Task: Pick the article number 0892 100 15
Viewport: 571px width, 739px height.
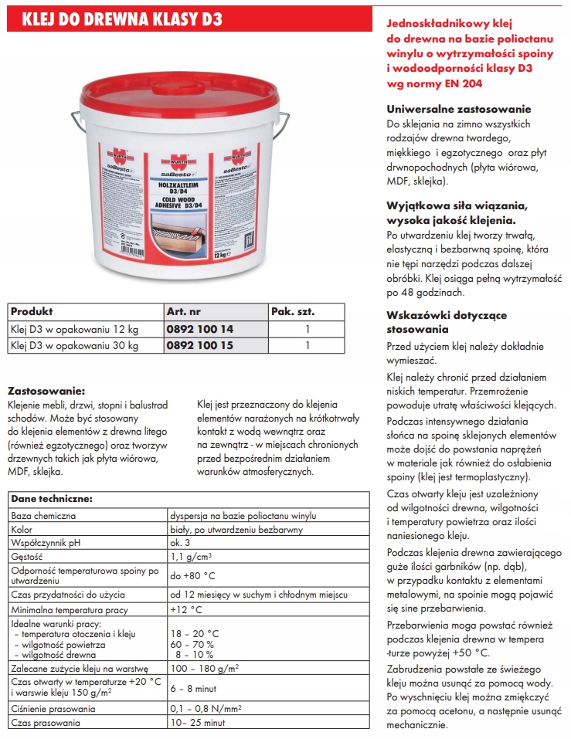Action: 199,345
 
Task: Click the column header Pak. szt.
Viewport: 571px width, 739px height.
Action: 294,312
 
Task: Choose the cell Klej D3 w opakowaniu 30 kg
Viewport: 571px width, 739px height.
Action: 74,345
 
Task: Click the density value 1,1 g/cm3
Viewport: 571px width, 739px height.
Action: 192,556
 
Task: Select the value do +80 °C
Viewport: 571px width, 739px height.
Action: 192,575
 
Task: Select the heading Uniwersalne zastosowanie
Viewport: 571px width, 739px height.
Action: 459,109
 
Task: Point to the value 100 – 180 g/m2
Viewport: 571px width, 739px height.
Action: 204,667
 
